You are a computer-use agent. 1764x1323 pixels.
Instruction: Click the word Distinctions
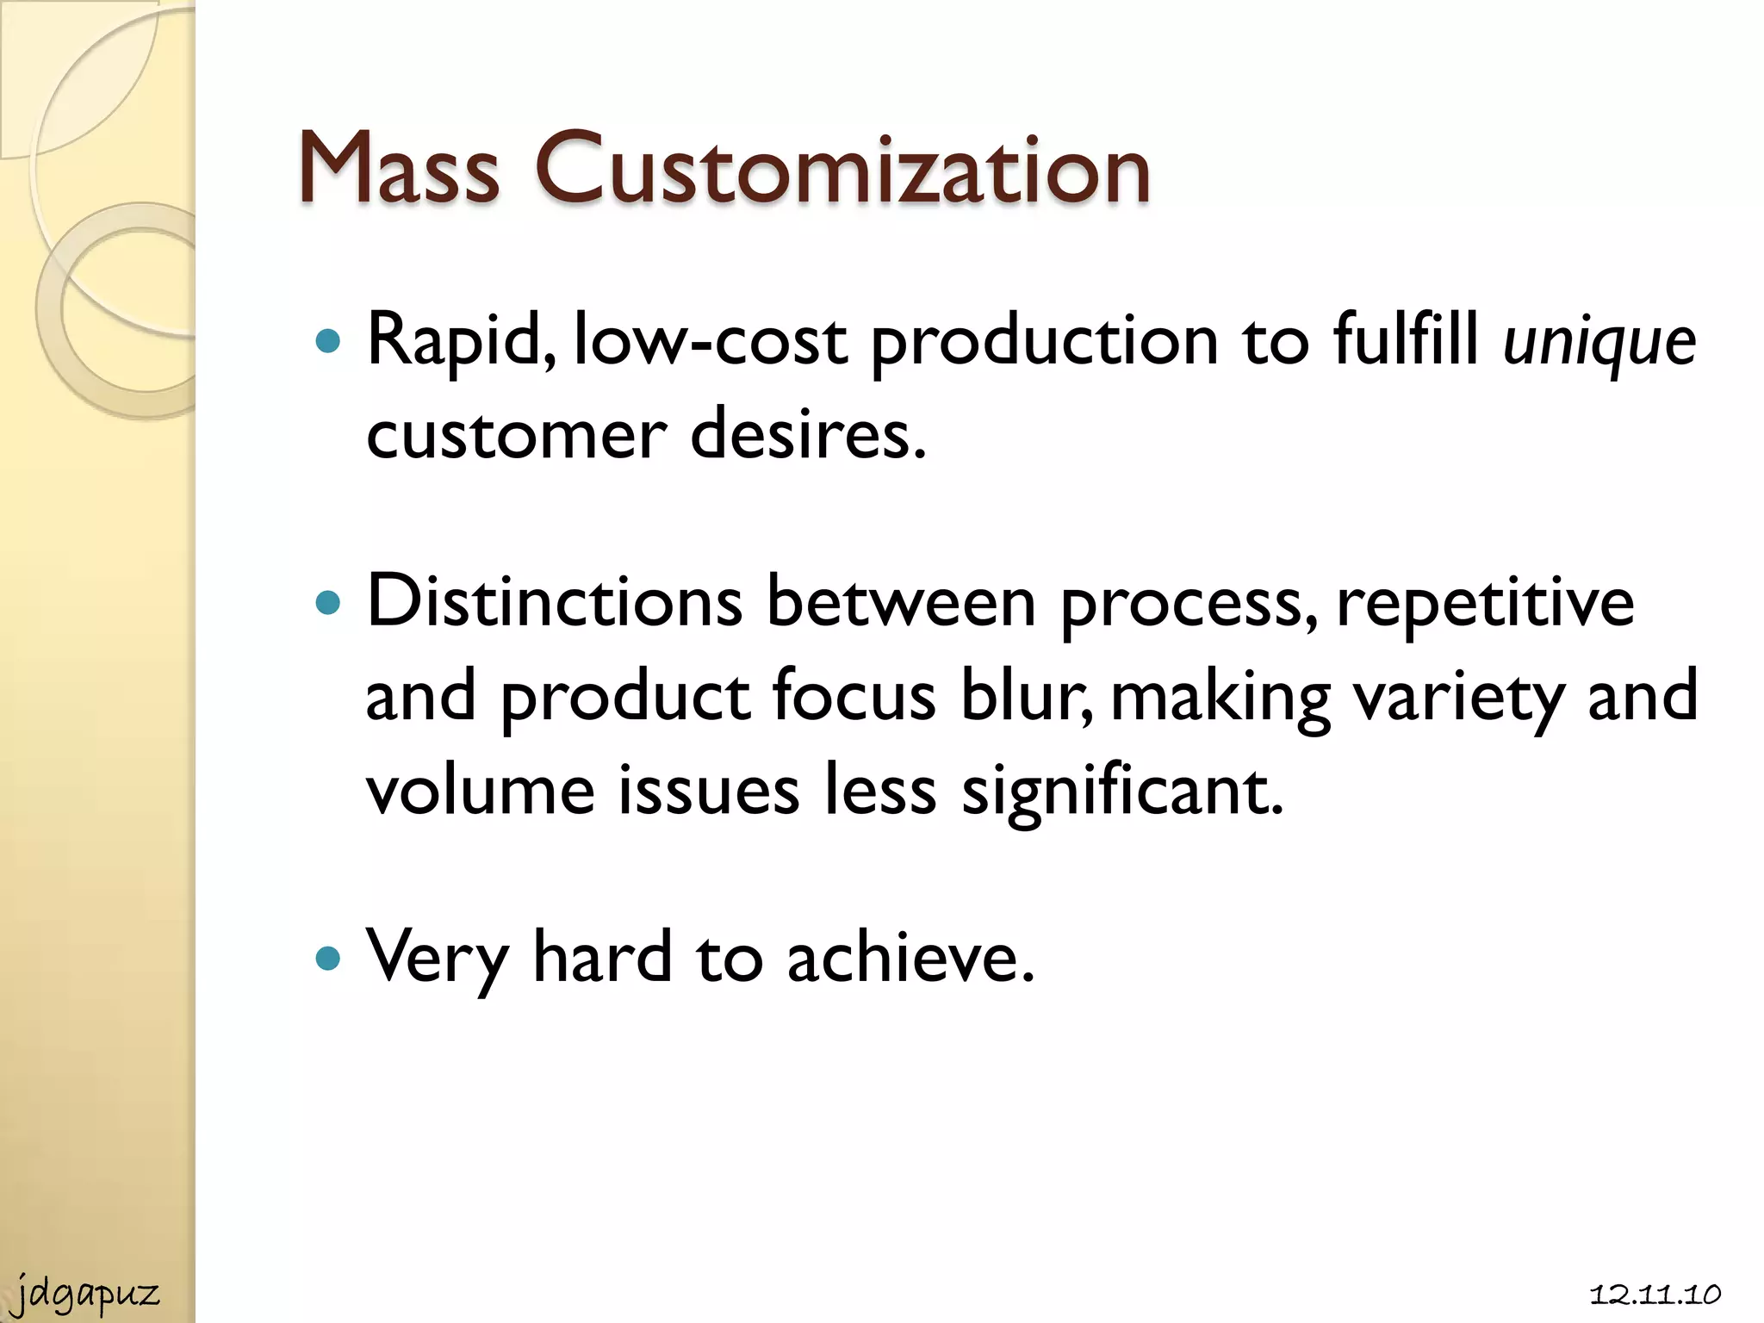pos(555,601)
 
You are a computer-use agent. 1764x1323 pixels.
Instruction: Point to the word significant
pos(1121,791)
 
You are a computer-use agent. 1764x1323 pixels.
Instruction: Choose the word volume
pos(480,791)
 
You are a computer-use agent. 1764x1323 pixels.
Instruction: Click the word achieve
pos(910,957)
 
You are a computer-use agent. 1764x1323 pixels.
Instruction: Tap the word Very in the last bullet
pos(437,959)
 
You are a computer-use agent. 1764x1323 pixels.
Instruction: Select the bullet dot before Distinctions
pos(328,602)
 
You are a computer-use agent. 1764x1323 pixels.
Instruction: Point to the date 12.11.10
pos(1655,1295)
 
